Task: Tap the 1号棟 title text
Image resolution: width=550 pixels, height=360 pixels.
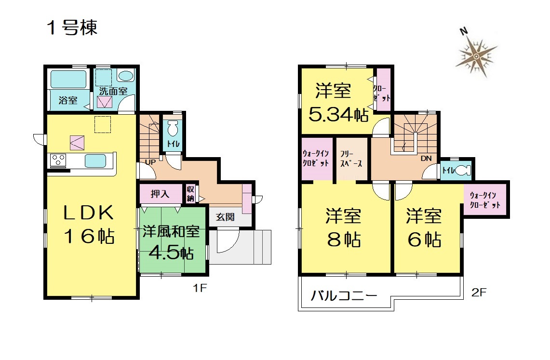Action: [x=72, y=27]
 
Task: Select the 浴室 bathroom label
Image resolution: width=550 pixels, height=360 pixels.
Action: [x=68, y=100]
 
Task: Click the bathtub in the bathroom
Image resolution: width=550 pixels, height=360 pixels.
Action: [x=68, y=79]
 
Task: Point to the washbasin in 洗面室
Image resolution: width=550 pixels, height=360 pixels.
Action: [x=125, y=76]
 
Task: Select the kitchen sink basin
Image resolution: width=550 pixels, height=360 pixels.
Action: [x=95, y=161]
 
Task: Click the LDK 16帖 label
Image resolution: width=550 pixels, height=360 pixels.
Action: [x=89, y=225]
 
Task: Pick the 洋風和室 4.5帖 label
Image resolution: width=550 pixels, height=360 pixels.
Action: [x=171, y=242]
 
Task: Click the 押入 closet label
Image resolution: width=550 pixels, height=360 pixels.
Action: [x=160, y=194]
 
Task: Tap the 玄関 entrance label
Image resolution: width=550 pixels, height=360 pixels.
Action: [x=225, y=217]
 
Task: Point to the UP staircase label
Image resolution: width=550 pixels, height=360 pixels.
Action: [x=150, y=162]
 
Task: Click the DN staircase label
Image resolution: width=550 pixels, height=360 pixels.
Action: [x=426, y=159]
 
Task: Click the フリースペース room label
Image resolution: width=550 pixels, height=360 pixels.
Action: [x=351, y=159]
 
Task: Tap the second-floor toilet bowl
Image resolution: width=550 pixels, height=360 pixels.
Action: [x=463, y=170]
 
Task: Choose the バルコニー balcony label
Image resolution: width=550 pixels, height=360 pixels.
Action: [x=344, y=295]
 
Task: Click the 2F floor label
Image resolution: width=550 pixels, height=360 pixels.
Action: [x=479, y=293]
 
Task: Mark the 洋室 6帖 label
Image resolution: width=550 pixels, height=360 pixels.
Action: [x=424, y=228]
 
